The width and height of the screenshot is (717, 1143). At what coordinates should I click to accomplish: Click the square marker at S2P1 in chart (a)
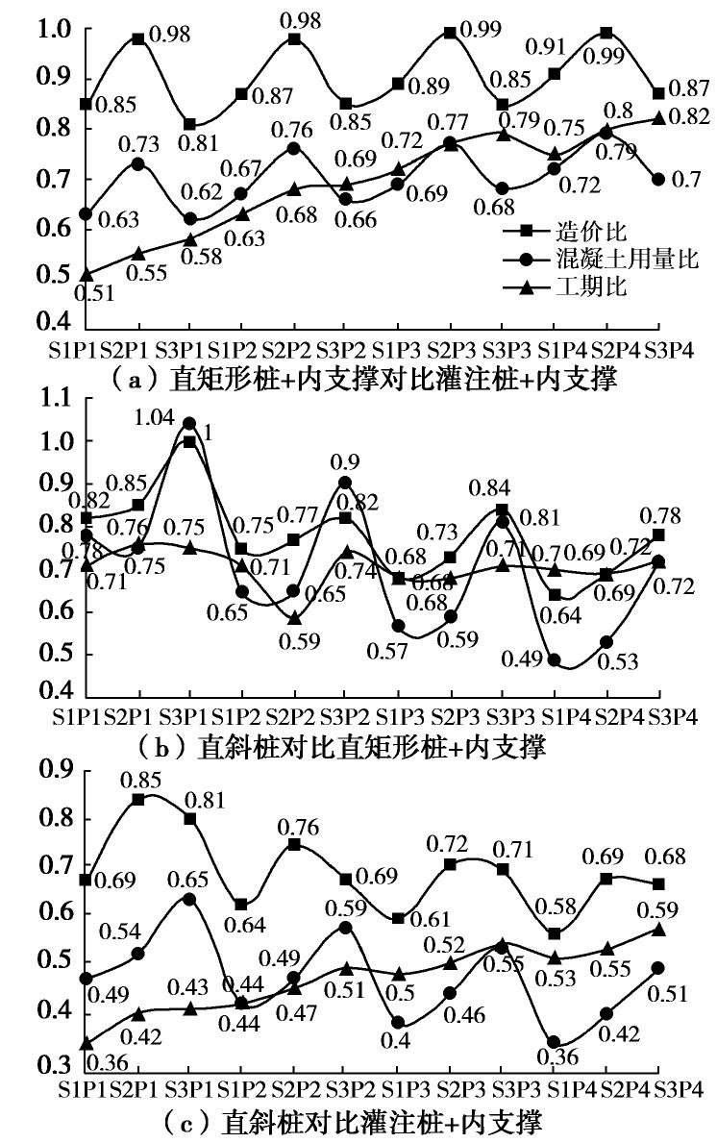pos(138,38)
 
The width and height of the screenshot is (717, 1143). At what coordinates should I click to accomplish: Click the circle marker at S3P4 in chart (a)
pos(658,179)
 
